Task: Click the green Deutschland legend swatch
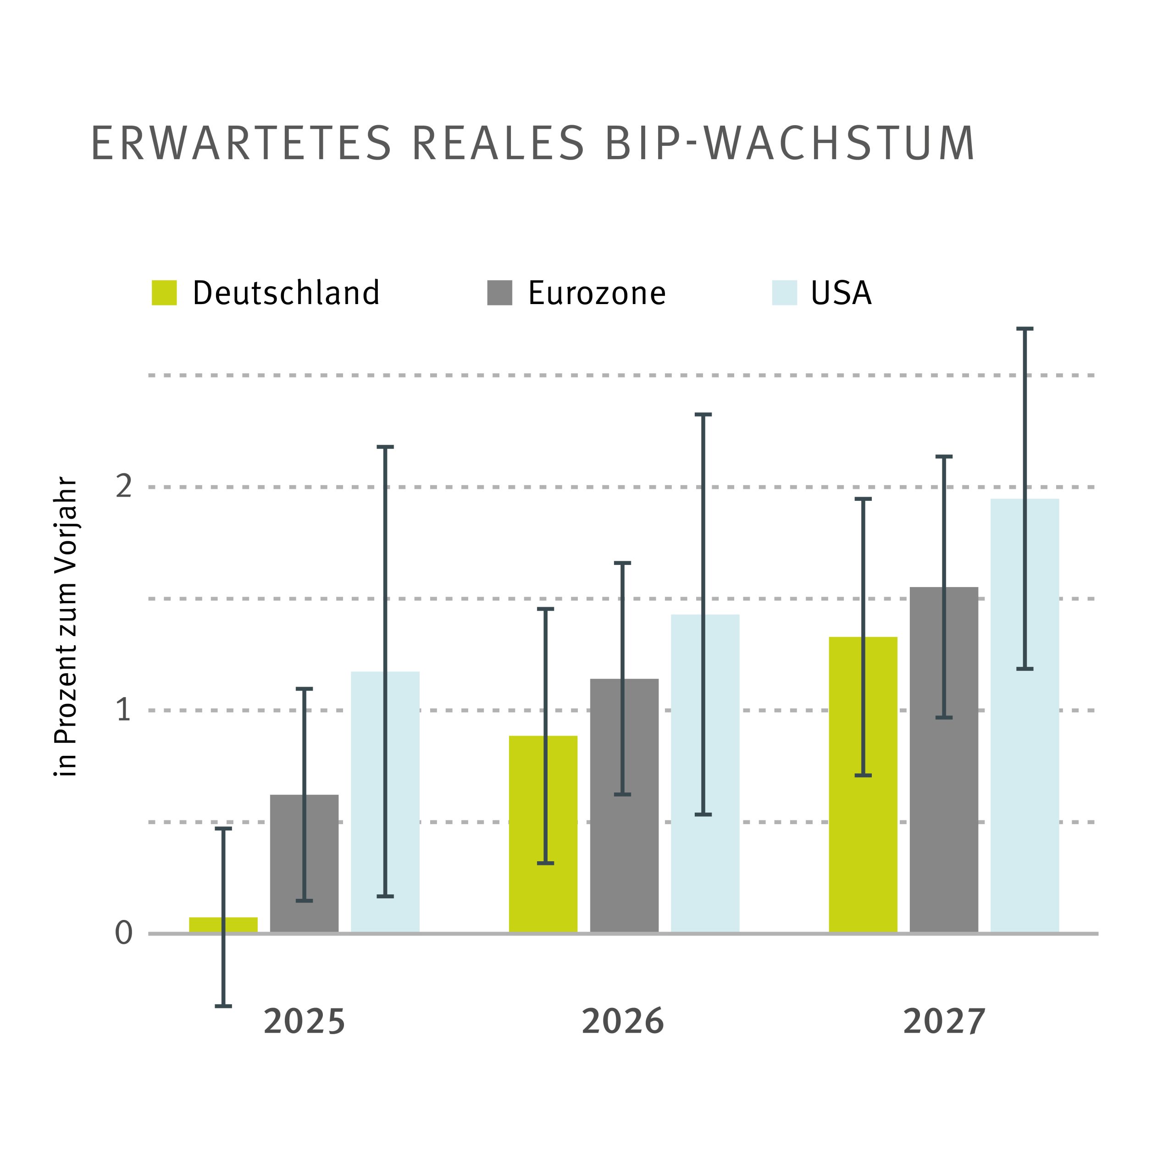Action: (x=164, y=293)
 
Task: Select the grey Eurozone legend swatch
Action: (x=499, y=293)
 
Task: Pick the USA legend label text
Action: (x=841, y=293)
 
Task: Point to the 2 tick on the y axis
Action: (x=123, y=487)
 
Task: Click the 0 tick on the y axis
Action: (x=123, y=933)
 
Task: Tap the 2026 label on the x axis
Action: (x=623, y=1021)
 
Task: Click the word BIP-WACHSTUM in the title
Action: (x=790, y=144)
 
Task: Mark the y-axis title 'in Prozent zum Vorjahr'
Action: (x=66, y=626)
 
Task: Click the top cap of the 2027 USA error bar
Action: (x=1025, y=329)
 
